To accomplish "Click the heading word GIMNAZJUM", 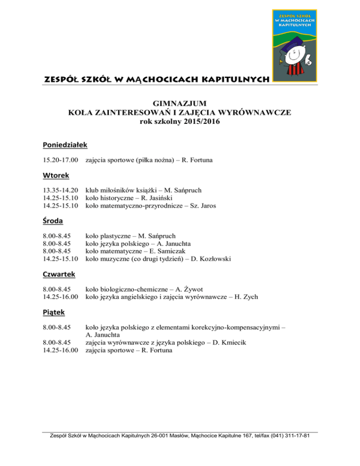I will [180, 103].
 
